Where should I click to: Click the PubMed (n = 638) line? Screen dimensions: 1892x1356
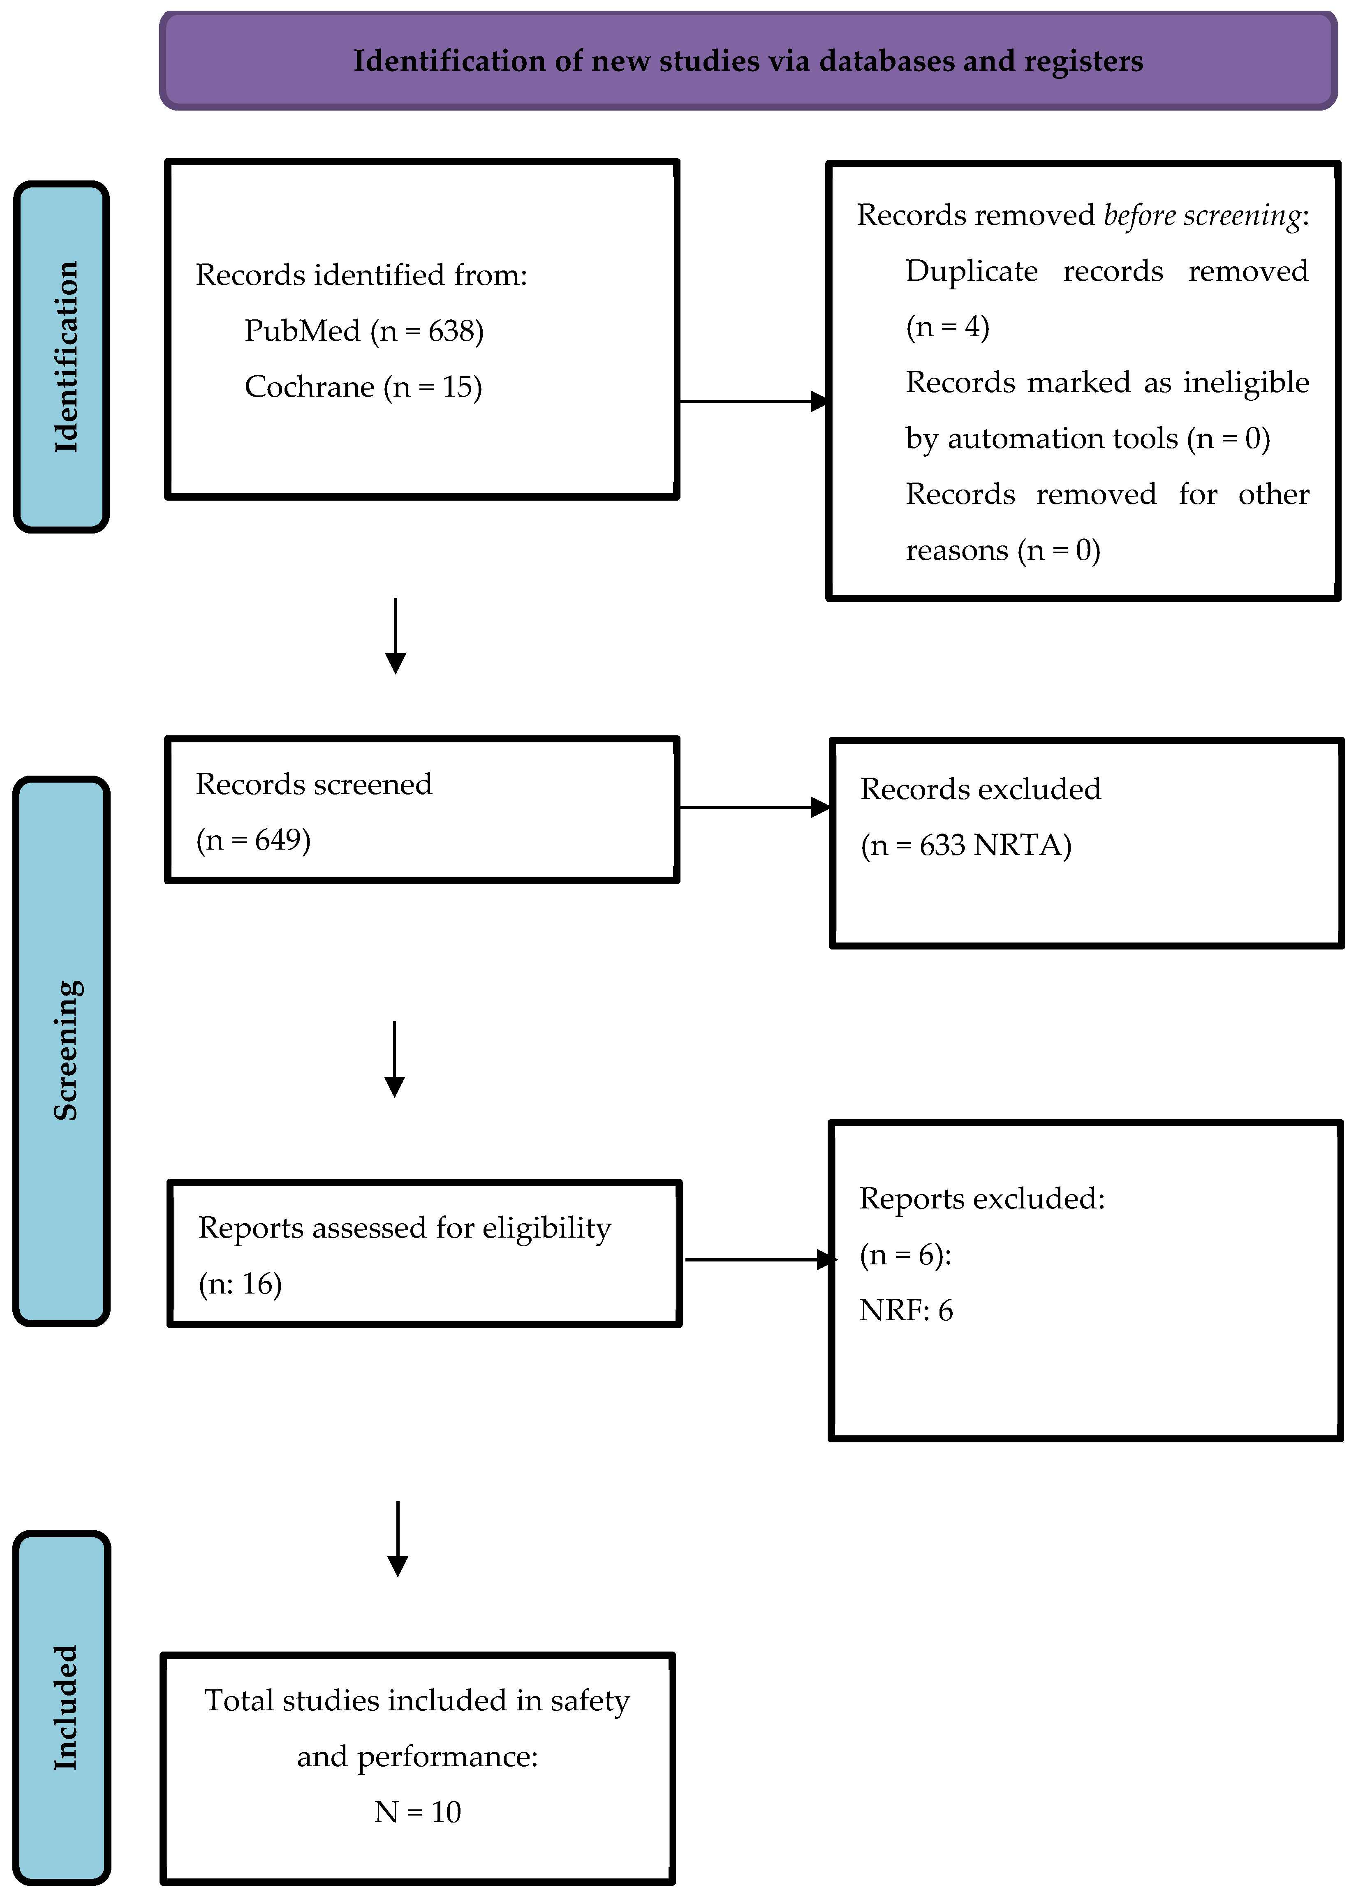point(364,331)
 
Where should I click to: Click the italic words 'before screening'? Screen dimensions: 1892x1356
point(1202,215)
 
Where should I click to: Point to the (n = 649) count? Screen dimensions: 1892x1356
point(253,839)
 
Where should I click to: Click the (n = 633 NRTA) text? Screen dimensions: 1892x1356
point(965,845)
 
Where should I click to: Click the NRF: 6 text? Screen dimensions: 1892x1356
point(905,1310)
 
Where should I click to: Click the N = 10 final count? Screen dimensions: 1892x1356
point(417,1812)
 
